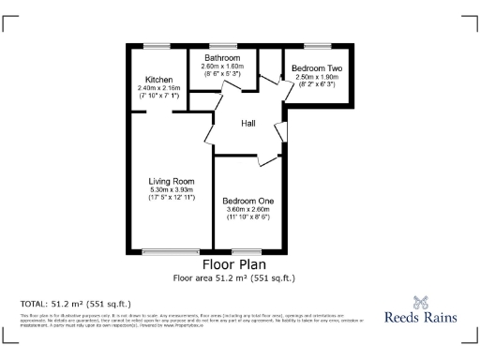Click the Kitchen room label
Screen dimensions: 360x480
pos(157,80)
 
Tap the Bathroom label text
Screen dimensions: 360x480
pos(224,58)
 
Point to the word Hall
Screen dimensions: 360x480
pos(248,123)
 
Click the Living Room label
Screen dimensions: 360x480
pos(171,181)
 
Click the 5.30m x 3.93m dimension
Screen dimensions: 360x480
pos(171,189)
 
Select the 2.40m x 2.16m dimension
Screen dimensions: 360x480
pos(157,88)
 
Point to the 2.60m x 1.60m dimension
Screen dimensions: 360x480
pos(224,66)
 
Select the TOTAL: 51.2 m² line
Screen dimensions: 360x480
pos(75,304)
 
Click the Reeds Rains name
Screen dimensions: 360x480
pos(421,318)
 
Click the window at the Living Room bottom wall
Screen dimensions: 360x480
pos(171,251)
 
